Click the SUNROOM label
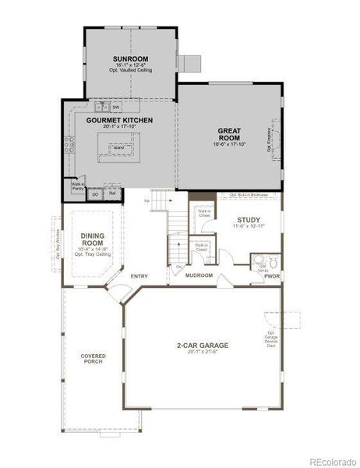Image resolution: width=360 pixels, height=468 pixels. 131,58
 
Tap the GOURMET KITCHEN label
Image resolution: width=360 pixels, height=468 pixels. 119,120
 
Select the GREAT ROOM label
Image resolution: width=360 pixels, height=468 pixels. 228,135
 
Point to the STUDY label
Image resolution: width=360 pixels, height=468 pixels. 249,220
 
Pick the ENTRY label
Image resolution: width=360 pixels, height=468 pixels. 139,275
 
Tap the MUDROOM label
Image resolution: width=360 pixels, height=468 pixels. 199,275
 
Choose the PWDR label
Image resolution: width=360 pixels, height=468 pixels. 271,276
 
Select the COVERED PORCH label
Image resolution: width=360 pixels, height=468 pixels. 93,360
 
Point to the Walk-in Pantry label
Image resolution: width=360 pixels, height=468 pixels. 78,186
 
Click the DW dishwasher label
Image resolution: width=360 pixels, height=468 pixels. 115,106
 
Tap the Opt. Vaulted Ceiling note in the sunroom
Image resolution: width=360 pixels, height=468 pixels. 131,70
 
